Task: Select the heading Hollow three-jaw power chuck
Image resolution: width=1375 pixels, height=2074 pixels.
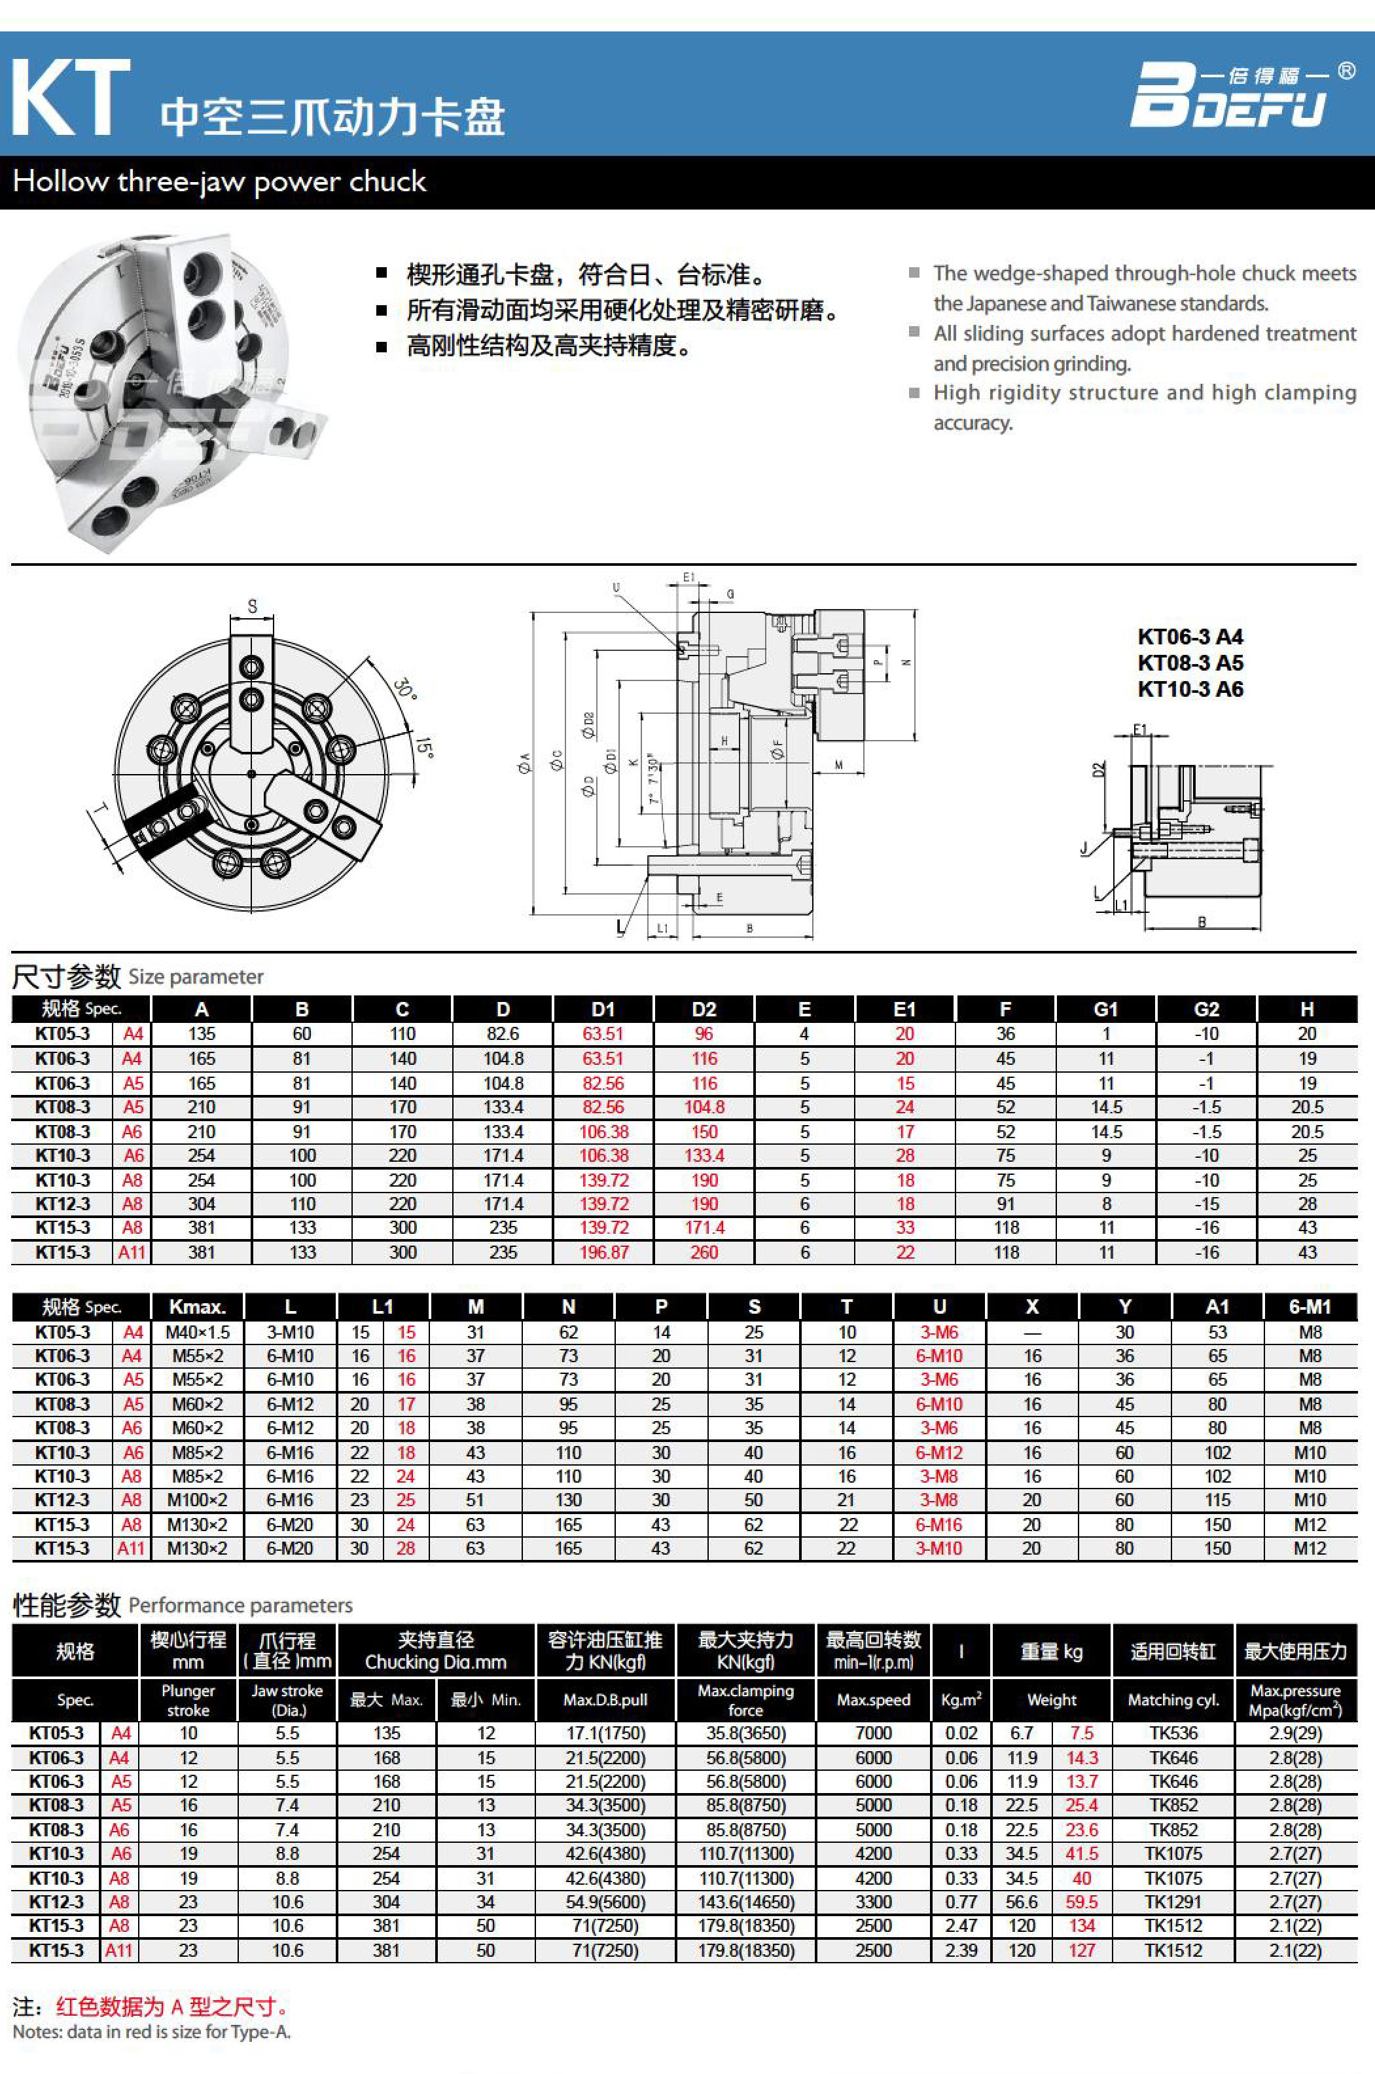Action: [x=219, y=181]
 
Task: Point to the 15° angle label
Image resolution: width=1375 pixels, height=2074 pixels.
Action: [x=425, y=747]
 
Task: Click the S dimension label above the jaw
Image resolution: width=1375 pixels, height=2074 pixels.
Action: [x=253, y=606]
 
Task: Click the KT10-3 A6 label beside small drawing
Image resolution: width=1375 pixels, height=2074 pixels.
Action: [x=1190, y=690]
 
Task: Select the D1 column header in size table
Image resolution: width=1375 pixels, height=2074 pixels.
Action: [x=603, y=1009]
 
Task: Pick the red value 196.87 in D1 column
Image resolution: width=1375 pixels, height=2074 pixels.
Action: [x=603, y=1252]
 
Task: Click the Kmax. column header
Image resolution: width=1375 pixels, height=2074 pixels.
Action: [x=197, y=1306]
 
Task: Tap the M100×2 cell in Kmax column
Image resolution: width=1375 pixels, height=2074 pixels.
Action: [x=197, y=1500]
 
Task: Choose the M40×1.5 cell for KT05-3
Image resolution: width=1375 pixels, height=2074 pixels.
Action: [x=197, y=1333]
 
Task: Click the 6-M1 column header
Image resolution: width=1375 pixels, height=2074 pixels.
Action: [x=1310, y=1306]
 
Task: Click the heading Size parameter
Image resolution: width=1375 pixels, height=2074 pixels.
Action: [x=196, y=977]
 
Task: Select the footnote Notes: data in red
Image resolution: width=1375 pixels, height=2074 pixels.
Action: [x=151, y=2032]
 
